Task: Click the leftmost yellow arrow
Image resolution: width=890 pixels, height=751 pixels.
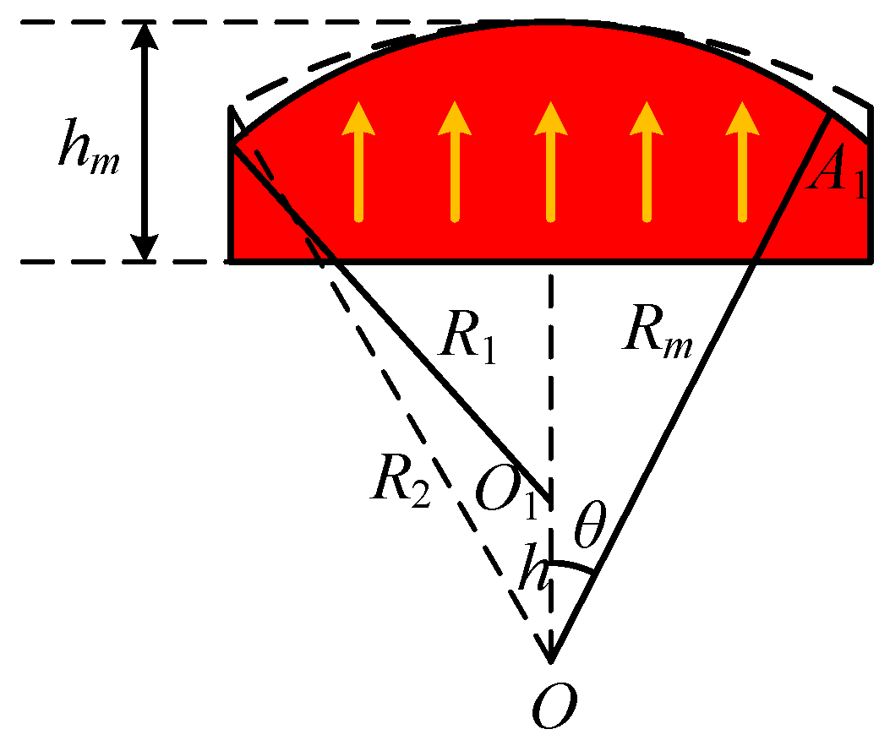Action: click(358, 161)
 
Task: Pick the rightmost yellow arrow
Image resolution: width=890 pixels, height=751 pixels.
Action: click(743, 161)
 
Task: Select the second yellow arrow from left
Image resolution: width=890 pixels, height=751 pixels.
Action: click(455, 161)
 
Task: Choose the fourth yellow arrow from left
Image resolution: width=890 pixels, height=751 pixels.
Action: click(647, 161)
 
